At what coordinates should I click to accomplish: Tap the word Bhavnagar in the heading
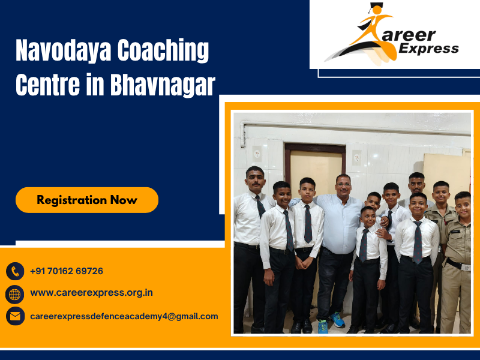click(162, 85)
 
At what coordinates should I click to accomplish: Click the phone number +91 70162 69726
click(67, 271)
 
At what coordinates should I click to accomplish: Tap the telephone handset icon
click(15, 272)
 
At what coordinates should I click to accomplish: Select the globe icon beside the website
click(15, 294)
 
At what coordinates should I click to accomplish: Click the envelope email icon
click(15, 316)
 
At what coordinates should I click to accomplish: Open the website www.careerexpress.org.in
click(91, 293)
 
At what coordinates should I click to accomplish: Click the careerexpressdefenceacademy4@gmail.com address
click(124, 316)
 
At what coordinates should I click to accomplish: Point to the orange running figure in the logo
click(372, 36)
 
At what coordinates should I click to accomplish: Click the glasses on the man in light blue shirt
click(343, 182)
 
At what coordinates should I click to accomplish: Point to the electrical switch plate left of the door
click(257, 153)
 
